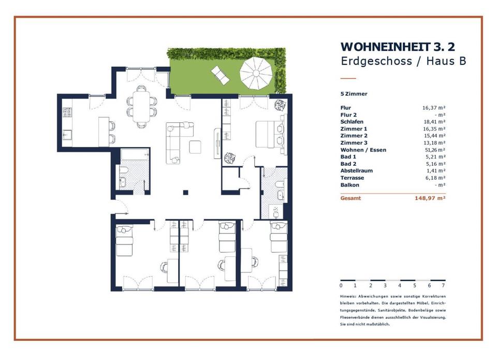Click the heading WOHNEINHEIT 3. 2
[398, 47]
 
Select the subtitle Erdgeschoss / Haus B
[403, 61]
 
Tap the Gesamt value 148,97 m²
[430, 198]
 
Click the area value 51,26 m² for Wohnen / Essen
[435, 150]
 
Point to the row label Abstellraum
[357, 170]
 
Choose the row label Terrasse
[352, 178]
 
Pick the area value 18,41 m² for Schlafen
[435, 122]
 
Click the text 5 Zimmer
[354, 94]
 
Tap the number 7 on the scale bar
[443, 285]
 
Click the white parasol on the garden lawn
[256, 74]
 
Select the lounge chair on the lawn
[221, 75]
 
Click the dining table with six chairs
[141, 107]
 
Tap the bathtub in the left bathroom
[135, 154]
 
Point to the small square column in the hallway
[186, 193]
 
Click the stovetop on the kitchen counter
[67, 112]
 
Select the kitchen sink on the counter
[67, 135]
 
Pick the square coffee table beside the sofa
[195, 147]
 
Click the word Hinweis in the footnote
[348, 296]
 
